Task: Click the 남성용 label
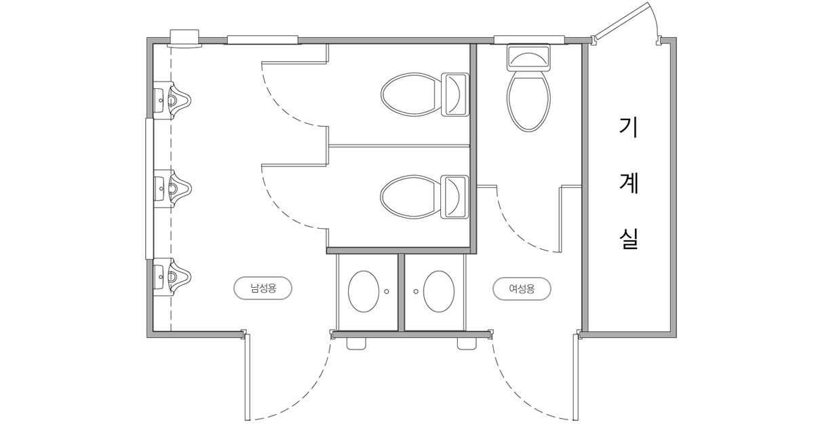tap(263, 288)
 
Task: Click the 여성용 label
tap(522, 289)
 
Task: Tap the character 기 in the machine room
tap(629, 128)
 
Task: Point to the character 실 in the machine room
tap(629, 239)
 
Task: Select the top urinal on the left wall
tap(172, 98)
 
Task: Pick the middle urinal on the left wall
tap(172, 188)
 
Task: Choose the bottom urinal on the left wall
tap(172, 277)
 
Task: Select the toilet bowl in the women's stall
tap(528, 100)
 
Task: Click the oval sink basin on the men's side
tap(364, 291)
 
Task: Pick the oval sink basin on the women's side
tap(439, 291)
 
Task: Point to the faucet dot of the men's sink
tap(387, 291)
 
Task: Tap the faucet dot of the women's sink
tap(416, 291)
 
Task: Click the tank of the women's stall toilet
tap(528, 58)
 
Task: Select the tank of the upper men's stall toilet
tap(455, 94)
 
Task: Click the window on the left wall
tap(149, 188)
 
